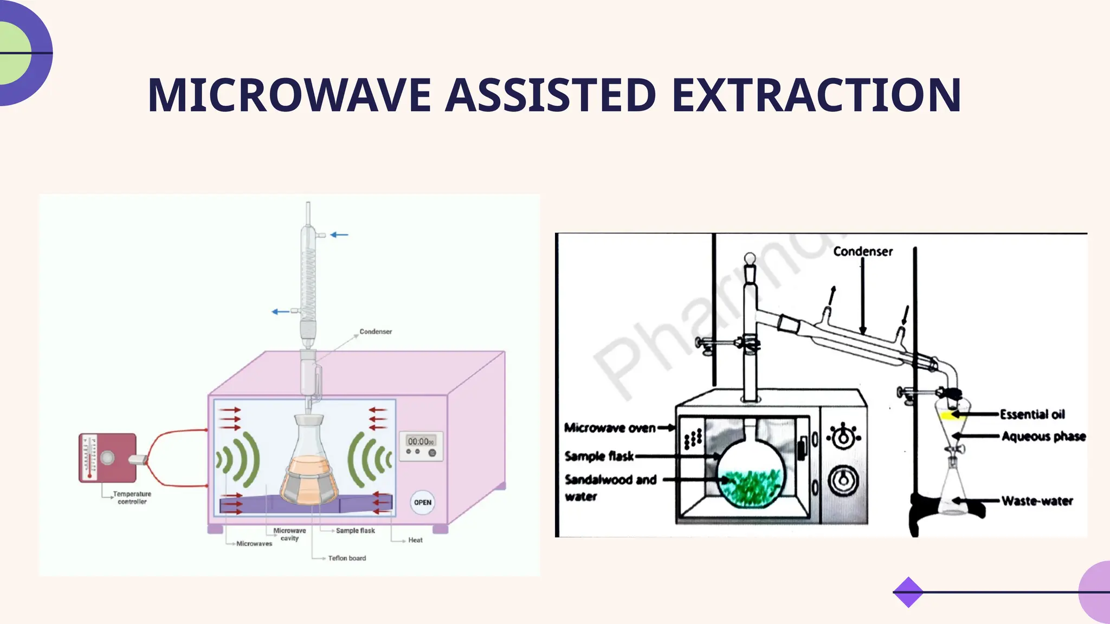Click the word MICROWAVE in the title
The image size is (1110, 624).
pyautogui.click(x=289, y=95)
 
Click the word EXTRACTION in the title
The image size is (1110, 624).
pyautogui.click(x=816, y=95)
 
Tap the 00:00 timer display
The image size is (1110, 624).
pyautogui.click(x=421, y=442)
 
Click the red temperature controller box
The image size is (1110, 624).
pyautogui.click(x=107, y=458)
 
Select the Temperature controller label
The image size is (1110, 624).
pyautogui.click(x=132, y=498)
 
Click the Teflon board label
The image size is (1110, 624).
pyautogui.click(x=347, y=558)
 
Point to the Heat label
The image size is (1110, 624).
pyautogui.click(x=415, y=540)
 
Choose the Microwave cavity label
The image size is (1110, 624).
pyautogui.click(x=289, y=534)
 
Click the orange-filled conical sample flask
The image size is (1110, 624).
pyautogui.click(x=309, y=471)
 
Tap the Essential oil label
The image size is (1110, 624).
pyautogui.click(x=1032, y=414)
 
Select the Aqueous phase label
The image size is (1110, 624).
pyautogui.click(x=1043, y=436)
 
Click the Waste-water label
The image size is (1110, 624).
pyautogui.click(x=1037, y=501)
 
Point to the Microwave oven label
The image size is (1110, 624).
pyautogui.click(x=610, y=428)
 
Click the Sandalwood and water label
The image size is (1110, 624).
pyautogui.click(x=610, y=487)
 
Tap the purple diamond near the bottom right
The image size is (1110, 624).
pyautogui.click(x=908, y=592)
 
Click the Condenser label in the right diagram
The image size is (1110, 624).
pyautogui.click(x=863, y=251)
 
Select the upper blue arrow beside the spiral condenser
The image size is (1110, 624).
pyautogui.click(x=339, y=235)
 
